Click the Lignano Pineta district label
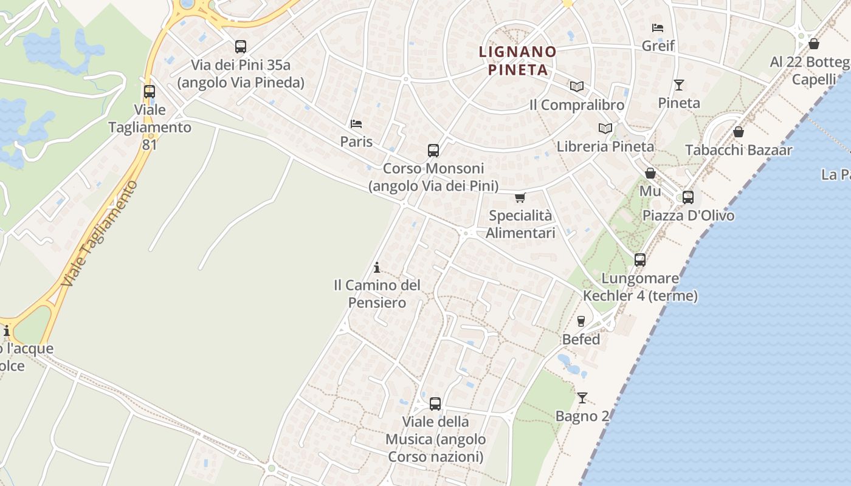518,60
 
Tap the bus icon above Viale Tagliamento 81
149,92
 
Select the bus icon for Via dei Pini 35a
241,47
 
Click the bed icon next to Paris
356,124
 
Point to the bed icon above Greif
658,27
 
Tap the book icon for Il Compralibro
576,87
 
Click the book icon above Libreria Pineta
605,128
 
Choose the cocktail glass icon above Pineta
679,85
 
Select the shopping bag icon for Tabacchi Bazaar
739,132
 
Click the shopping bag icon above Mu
650,173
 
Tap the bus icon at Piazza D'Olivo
688,197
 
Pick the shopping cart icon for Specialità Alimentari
520,197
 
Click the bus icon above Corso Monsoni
433,151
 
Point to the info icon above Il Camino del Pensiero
377,267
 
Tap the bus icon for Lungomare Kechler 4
640,260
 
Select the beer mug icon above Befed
581,321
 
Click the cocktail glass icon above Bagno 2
582,398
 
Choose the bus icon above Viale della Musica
435,404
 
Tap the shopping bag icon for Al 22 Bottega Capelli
814,44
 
